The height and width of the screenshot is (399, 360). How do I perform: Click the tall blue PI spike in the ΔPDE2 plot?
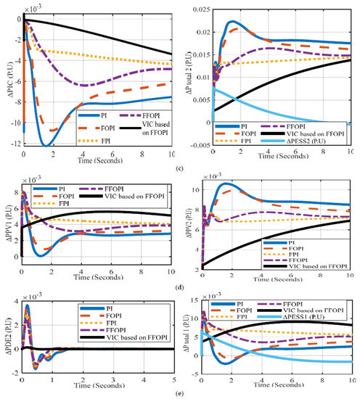click(27, 308)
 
